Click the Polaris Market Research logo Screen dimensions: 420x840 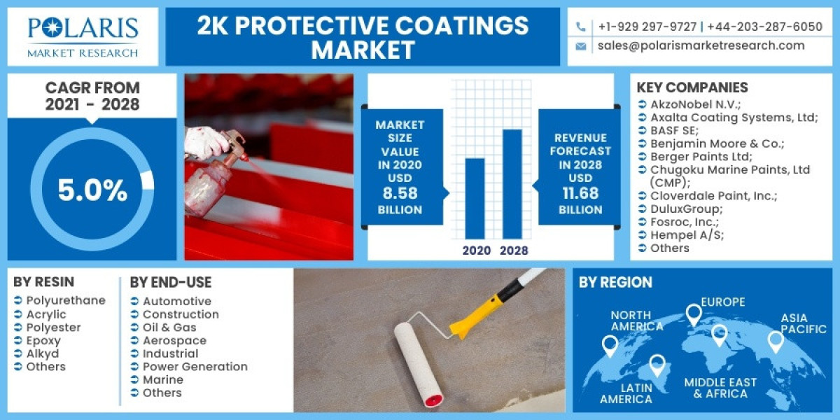(83, 36)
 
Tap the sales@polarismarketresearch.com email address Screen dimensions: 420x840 (701, 45)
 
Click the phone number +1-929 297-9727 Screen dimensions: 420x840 (647, 27)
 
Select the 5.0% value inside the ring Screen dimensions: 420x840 (92, 190)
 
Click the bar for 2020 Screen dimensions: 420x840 (475, 198)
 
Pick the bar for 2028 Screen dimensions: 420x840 (512, 183)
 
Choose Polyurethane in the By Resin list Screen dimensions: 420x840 (65, 300)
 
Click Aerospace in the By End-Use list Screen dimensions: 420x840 (174, 340)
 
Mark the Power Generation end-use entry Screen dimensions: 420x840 (195, 366)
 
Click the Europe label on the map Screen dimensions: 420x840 (723, 302)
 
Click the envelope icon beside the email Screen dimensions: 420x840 (580, 46)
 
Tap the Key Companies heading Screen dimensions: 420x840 (692, 87)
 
